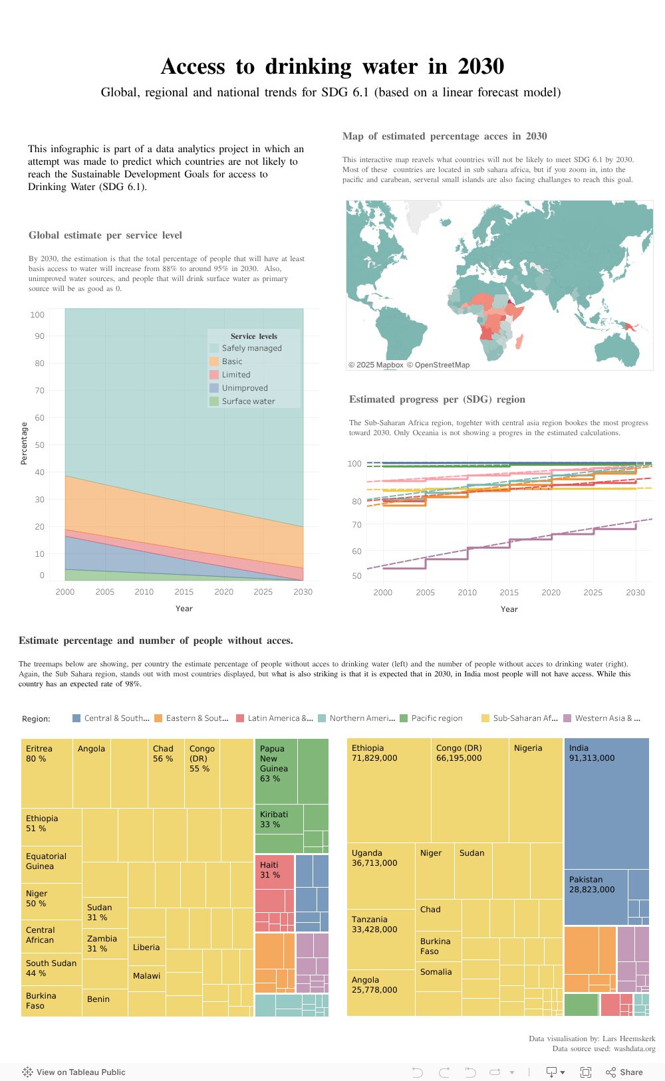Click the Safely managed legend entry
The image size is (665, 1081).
point(251,348)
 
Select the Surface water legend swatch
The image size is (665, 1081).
point(214,401)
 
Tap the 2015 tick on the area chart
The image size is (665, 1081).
point(184,592)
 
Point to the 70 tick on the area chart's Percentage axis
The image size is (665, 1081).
point(40,391)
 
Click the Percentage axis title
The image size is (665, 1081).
point(24,443)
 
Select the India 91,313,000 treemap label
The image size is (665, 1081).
point(591,753)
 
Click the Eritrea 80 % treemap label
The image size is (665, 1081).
point(39,753)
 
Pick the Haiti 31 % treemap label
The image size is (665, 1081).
point(269,870)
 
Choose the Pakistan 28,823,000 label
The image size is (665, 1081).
point(591,884)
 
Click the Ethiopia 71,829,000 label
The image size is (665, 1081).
point(374,753)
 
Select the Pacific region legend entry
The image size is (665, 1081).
point(436,718)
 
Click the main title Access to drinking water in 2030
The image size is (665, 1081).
point(332,66)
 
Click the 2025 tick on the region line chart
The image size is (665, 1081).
point(593,593)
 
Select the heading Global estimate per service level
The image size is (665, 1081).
point(105,235)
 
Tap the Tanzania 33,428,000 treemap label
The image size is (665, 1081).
point(374,924)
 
